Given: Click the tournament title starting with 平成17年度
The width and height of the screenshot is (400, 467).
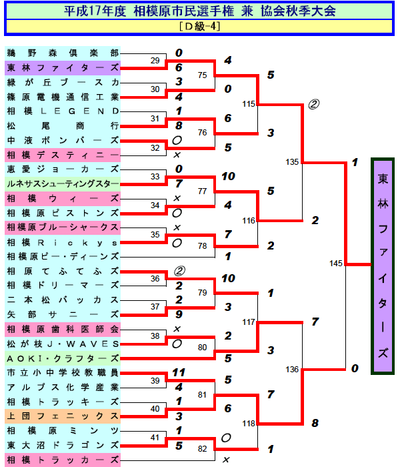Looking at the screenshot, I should tap(200, 11).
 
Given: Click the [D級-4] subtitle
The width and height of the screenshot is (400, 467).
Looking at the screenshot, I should tap(200, 27).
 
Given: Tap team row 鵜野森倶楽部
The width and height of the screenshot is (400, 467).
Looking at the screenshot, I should tap(63, 53).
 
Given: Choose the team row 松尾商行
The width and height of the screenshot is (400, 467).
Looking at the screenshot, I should tap(63, 125).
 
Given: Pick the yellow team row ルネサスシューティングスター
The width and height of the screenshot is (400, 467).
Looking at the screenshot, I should tap(63, 183).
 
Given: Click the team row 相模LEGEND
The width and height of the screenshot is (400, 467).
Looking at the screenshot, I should tap(63, 111).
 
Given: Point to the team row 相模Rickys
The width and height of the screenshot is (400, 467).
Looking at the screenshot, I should tap(63, 242).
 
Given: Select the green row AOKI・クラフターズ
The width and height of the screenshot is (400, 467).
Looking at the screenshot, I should tap(63, 358).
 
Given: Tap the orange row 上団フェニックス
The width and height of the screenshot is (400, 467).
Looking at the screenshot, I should tap(63, 416).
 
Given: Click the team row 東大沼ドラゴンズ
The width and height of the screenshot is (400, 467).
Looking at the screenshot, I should tap(63, 445).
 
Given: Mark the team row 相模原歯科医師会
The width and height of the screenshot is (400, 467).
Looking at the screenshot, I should tap(63, 329).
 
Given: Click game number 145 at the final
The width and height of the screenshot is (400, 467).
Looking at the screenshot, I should tap(336, 264).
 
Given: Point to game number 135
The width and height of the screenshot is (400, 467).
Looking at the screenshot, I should tap(292, 162).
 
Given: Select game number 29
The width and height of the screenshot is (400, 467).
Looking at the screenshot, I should tap(155, 61).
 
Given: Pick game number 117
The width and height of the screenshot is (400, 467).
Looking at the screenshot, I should tap(249, 322).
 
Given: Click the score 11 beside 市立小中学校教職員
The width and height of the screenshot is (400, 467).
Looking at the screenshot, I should tap(178, 372).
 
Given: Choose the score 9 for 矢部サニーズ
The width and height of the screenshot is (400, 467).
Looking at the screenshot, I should tap(178, 314).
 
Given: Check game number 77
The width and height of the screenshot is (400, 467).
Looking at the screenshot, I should tap(203, 191).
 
